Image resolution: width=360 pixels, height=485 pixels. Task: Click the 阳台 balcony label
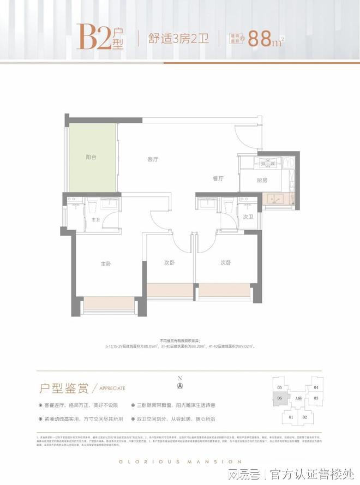(x=91, y=157)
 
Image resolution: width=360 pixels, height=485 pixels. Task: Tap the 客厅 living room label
(x=153, y=160)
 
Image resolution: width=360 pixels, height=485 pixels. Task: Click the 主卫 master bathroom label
(x=96, y=220)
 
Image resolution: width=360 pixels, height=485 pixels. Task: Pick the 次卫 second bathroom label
(x=248, y=217)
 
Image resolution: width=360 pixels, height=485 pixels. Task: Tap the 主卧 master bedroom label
(x=106, y=264)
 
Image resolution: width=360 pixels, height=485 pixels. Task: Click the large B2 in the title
(x=94, y=37)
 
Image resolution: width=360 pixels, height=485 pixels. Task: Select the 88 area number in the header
(x=260, y=39)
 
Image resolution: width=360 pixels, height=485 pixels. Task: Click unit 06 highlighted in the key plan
(x=279, y=399)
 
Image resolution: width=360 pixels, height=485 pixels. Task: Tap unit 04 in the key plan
(x=316, y=388)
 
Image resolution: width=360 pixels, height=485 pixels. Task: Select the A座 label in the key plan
(x=298, y=399)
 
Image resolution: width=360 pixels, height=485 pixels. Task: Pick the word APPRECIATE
(x=112, y=388)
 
